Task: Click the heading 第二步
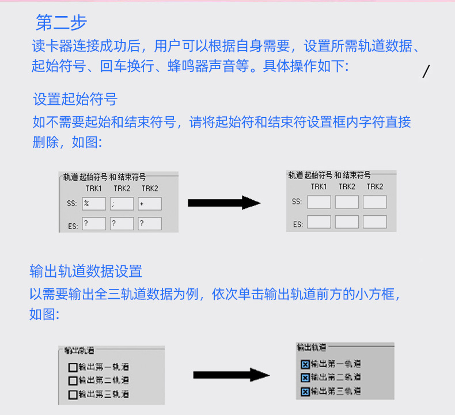coord(61,22)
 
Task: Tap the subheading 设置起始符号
coord(75,99)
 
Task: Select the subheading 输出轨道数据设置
coord(86,271)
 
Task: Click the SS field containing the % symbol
coord(94,204)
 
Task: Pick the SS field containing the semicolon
coord(122,204)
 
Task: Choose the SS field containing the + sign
coord(150,204)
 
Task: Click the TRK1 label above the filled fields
coord(94,189)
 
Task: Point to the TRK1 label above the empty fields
coord(318,186)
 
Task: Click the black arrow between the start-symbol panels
coord(224,203)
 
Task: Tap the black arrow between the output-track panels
coord(231,375)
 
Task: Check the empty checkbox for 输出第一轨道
coord(73,367)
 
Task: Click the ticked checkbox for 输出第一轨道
coord(305,364)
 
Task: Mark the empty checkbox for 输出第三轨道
coord(73,395)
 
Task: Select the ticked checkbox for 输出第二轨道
coord(305,378)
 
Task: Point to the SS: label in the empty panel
coord(297,202)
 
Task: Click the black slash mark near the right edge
coord(426,71)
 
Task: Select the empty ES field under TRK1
coord(318,222)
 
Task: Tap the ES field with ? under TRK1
coord(94,224)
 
